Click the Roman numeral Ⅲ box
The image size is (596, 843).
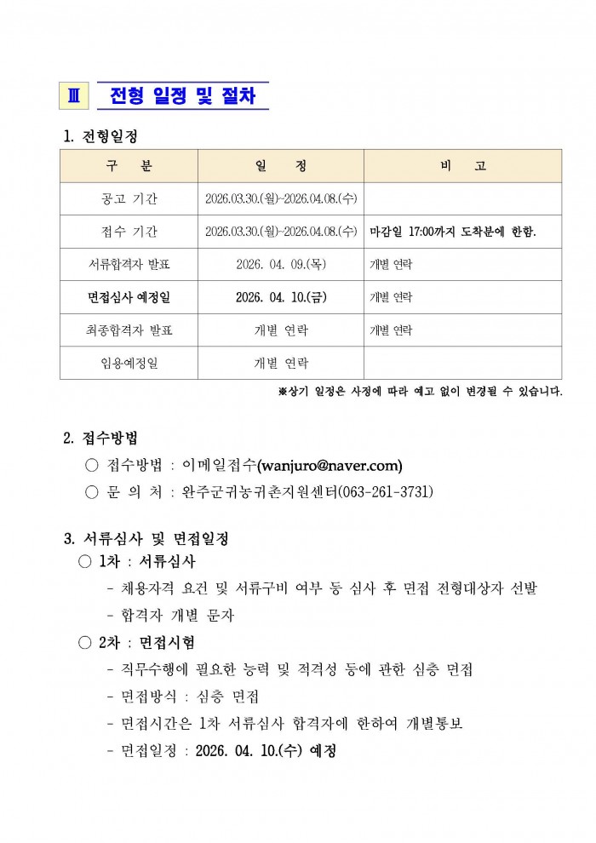pyautogui.click(x=72, y=96)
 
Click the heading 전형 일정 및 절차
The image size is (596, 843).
pyautogui.click(x=182, y=96)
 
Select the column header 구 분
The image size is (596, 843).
pyautogui.click(x=129, y=166)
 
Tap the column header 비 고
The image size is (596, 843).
pyautogui.click(x=462, y=166)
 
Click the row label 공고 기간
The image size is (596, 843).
pyautogui.click(x=129, y=198)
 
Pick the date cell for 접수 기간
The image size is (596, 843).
pyautogui.click(x=281, y=232)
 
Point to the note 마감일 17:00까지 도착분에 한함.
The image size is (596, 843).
pyautogui.click(x=453, y=232)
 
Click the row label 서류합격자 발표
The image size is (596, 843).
pyautogui.click(x=129, y=265)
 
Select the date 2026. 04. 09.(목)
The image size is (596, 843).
pyautogui.click(x=281, y=265)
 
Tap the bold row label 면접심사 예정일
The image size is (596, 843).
pyautogui.click(x=129, y=297)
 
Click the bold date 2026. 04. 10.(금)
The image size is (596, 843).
pyautogui.click(x=281, y=297)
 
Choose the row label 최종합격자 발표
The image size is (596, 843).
pyautogui.click(x=129, y=330)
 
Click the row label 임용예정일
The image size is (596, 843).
pyautogui.click(x=129, y=363)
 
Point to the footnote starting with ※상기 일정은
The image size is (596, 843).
pyautogui.click(x=420, y=392)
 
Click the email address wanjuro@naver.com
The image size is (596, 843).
pyautogui.click(x=330, y=465)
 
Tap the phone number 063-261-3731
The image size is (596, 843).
pyautogui.click(x=387, y=491)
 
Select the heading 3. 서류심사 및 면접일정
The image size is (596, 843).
pyautogui.click(x=146, y=539)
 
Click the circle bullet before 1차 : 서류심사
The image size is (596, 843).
pyautogui.click(x=84, y=562)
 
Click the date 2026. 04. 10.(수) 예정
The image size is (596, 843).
pyautogui.click(x=266, y=751)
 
